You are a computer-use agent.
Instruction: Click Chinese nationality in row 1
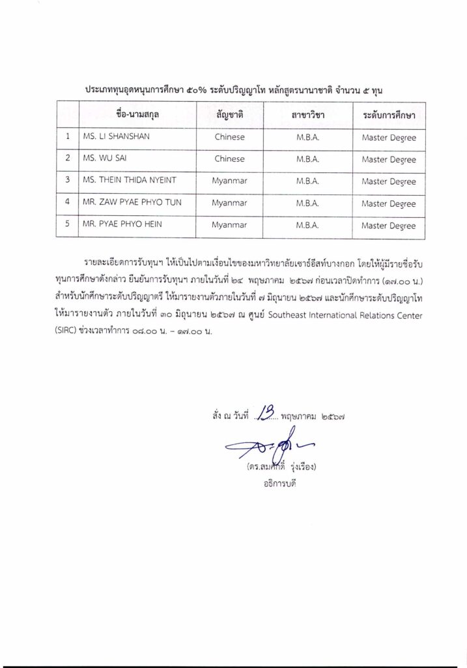[x=229, y=137]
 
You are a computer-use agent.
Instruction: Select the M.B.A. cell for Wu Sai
[x=307, y=159]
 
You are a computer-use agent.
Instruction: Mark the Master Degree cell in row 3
[x=389, y=181]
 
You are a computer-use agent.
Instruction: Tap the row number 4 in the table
[x=67, y=203]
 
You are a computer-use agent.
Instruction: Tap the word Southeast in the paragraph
[x=294, y=316]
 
